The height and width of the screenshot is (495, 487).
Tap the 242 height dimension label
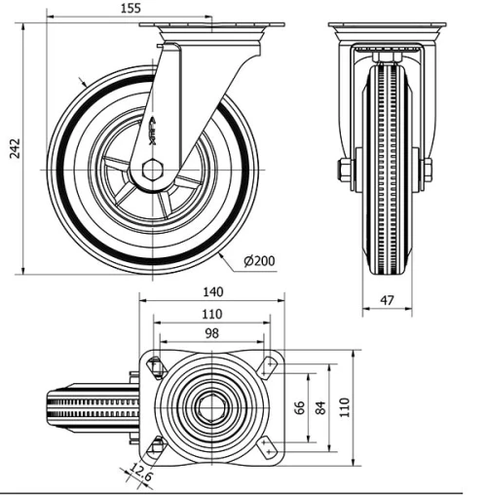point(14,146)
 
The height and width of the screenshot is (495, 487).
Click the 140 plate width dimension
point(211,291)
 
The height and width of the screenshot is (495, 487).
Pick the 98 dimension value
point(211,333)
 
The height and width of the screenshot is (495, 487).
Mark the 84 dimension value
point(322,406)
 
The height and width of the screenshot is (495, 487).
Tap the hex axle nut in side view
point(152,171)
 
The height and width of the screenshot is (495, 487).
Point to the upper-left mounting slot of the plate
point(154,366)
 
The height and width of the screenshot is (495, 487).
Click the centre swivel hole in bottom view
point(211,407)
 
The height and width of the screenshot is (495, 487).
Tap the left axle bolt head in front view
point(345,171)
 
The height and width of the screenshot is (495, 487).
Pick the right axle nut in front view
point(427,171)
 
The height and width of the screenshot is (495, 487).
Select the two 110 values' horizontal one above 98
point(211,313)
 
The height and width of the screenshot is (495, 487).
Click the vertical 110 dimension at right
point(344,406)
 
